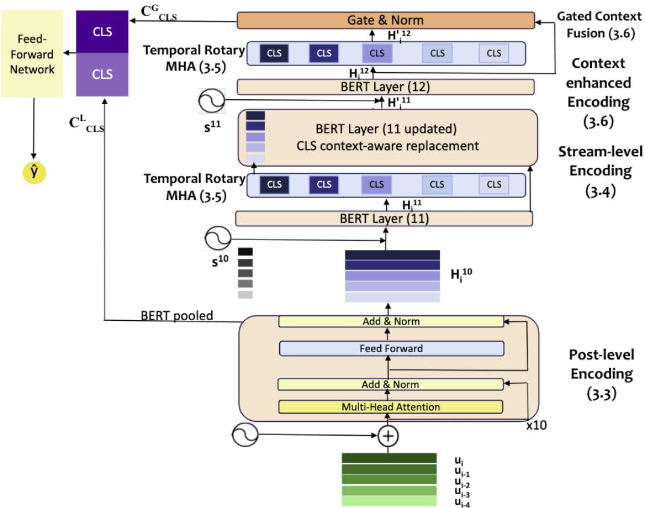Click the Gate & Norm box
click(386, 20)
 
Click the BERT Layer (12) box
click(385, 87)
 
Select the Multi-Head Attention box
click(390, 407)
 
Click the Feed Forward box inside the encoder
click(390, 348)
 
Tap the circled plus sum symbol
click(388, 435)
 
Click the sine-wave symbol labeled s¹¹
click(212, 101)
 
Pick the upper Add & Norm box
click(390, 321)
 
